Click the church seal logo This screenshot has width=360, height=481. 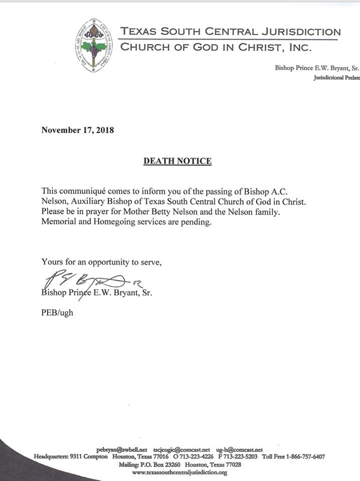[94, 45]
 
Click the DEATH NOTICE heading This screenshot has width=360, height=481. [177, 161]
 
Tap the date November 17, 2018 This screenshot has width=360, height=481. [78, 131]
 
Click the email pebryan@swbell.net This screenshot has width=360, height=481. [121, 450]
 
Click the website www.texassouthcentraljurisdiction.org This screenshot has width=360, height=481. [179, 472]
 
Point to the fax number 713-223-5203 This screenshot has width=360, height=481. [238, 457]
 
